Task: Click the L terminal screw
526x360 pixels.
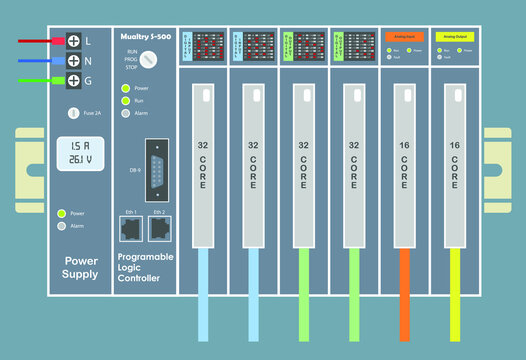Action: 73,41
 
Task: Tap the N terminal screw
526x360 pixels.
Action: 73,61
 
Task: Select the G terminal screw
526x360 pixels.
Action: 73,80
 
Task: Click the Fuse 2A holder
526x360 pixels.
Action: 74,114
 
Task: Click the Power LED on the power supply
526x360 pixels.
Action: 62,213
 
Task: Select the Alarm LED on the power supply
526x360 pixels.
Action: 62,226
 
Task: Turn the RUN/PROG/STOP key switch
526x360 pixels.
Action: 148,60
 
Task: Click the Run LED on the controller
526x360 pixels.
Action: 125,101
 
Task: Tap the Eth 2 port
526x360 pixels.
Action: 158,228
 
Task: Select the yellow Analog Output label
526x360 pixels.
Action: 455,36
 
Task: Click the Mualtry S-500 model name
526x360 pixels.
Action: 144,35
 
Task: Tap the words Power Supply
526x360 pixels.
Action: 81,267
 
